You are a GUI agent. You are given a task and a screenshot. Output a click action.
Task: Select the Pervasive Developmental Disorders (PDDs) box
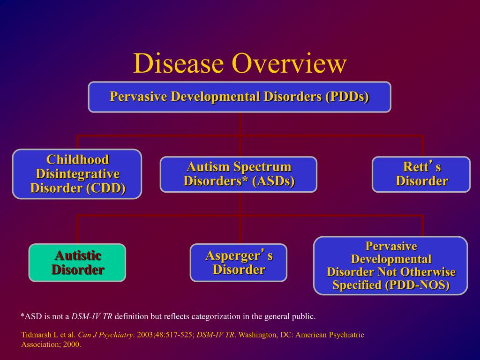tap(240, 97)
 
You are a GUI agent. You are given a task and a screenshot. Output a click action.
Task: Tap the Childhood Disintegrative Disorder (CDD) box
tap(77, 174)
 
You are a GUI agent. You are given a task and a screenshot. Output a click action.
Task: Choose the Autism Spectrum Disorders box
tap(239, 174)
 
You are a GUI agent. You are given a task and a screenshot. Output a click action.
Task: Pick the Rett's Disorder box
tap(421, 174)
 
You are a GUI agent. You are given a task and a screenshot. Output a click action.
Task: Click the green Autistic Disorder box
tap(77, 262)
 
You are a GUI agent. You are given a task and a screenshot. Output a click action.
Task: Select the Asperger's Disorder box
tap(239, 262)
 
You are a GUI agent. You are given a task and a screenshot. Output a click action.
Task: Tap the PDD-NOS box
tap(390, 266)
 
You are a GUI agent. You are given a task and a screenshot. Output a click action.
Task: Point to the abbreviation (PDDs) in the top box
tap(346, 97)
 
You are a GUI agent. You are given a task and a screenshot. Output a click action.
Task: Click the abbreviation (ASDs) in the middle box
tap(273, 181)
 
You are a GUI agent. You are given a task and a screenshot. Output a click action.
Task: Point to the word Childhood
tap(77, 159)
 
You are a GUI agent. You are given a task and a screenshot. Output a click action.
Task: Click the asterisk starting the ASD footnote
tap(22, 316)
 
